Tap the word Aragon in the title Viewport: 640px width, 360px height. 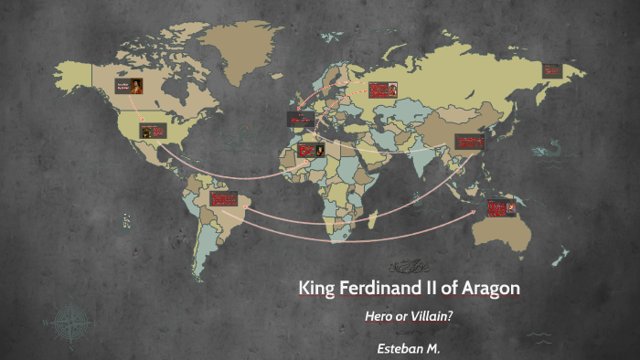point(488,289)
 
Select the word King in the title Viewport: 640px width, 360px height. point(316,289)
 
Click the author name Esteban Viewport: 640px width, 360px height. point(400,348)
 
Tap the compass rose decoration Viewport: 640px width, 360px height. point(69,323)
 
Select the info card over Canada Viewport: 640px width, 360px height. point(128,89)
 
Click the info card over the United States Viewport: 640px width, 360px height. point(152,132)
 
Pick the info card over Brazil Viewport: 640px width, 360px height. point(224,199)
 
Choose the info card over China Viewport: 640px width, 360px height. point(470,143)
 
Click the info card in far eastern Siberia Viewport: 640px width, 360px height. point(551,69)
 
